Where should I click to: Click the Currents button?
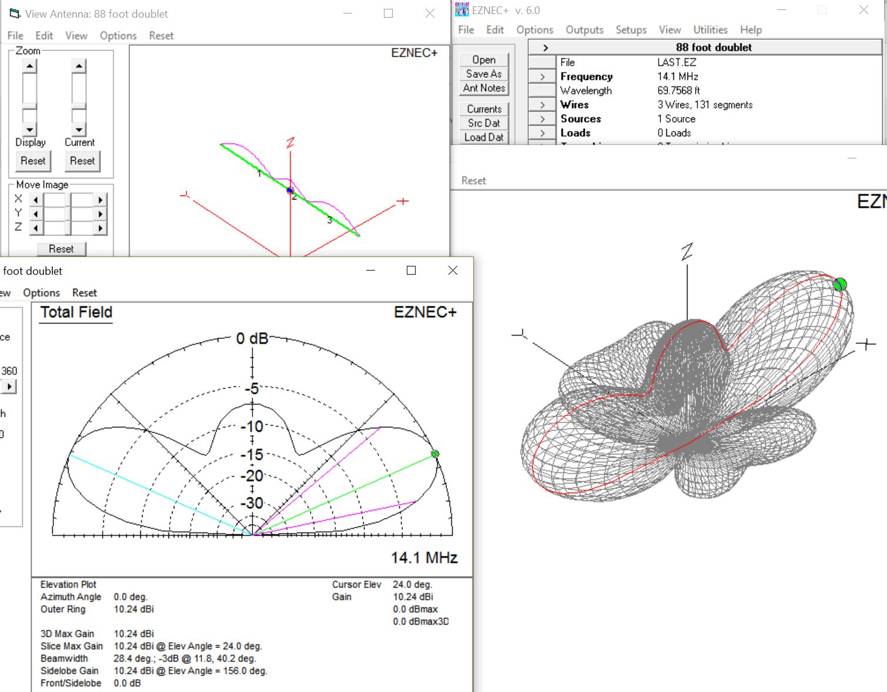point(484,109)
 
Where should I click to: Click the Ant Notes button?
point(484,88)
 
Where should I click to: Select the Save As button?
point(484,74)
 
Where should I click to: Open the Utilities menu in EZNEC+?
point(710,30)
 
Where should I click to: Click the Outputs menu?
point(584,30)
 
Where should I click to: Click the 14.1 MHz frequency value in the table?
point(677,76)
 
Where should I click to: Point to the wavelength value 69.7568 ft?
point(678,90)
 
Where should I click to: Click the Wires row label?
point(574,104)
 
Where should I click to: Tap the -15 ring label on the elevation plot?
point(252,454)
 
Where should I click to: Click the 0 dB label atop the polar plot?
point(252,339)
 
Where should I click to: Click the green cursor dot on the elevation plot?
point(435,454)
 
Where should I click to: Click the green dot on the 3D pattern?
point(840,285)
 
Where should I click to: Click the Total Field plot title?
point(76,312)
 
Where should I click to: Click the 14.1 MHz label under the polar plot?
point(424,558)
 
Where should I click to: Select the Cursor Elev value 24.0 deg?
point(412,585)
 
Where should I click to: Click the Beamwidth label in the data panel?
point(64,659)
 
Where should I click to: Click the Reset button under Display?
point(33,161)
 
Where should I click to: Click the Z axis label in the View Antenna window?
point(290,143)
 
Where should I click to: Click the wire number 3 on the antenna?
point(330,220)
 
